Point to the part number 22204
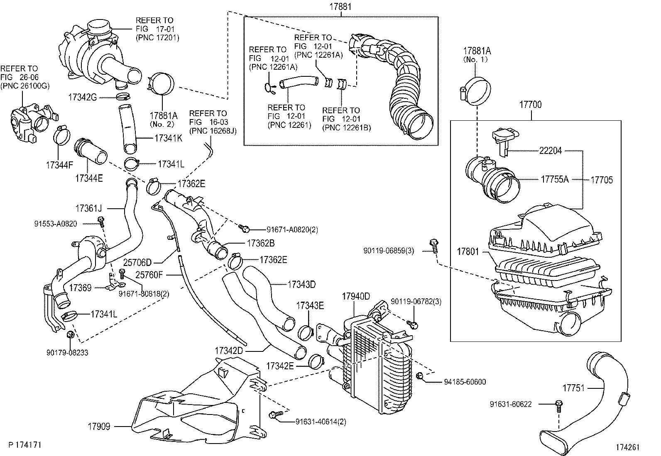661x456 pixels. click(550, 151)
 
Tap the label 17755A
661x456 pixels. click(554, 180)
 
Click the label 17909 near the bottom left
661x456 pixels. click(99, 426)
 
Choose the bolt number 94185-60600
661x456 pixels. click(465, 382)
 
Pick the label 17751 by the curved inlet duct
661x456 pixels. click(573, 388)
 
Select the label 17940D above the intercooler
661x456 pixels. click(356, 296)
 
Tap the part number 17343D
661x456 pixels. click(301, 285)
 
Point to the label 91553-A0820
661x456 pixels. click(55, 224)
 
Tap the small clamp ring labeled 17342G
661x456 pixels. click(122, 98)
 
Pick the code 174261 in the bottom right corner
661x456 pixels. click(627, 447)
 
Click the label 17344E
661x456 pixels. click(89, 178)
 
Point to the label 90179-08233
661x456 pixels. click(67, 353)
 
